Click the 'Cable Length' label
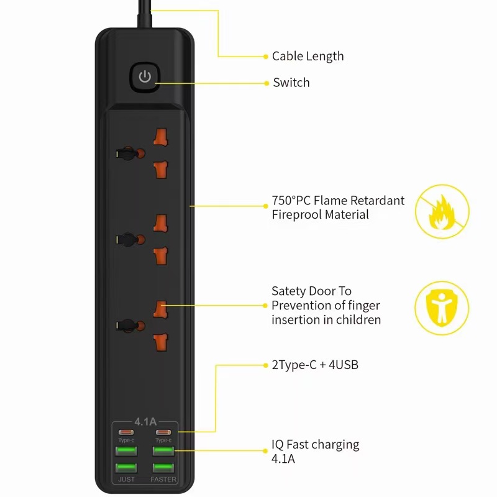(x=308, y=57)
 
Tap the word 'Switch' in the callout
(x=291, y=83)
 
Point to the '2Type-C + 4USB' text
(x=314, y=365)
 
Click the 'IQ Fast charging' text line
(x=315, y=445)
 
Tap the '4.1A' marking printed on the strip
(x=145, y=421)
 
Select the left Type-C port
(x=126, y=432)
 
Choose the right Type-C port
(x=163, y=432)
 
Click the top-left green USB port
(x=126, y=450)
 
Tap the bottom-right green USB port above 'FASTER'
(x=163, y=467)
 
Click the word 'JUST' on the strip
(x=126, y=480)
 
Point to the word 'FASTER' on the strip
(x=163, y=480)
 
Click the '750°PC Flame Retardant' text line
(x=338, y=201)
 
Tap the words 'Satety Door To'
(x=311, y=291)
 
